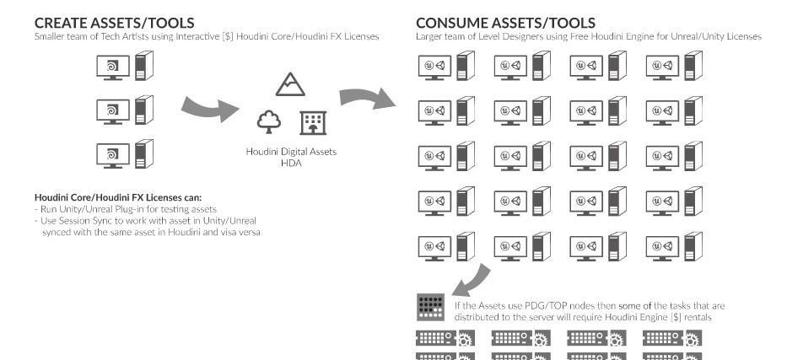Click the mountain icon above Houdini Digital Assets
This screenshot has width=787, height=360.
tap(290, 84)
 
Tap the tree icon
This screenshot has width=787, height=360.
tap(269, 122)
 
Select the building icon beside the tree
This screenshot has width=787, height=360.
tap(313, 123)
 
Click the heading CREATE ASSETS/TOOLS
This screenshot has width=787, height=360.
tap(115, 23)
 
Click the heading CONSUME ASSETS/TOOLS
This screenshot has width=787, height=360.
tap(506, 23)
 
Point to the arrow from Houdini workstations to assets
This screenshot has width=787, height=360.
tap(210, 109)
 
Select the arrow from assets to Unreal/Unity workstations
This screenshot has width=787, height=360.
tap(368, 97)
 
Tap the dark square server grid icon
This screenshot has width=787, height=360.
tap(431, 307)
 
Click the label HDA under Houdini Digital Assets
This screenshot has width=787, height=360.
tap(291, 163)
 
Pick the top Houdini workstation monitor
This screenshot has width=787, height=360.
tap(113, 67)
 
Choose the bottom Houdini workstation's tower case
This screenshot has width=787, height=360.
tap(143, 154)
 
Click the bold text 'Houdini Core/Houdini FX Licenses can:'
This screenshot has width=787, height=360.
tap(118, 197)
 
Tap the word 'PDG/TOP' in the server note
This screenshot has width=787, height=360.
tap(541, 306)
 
